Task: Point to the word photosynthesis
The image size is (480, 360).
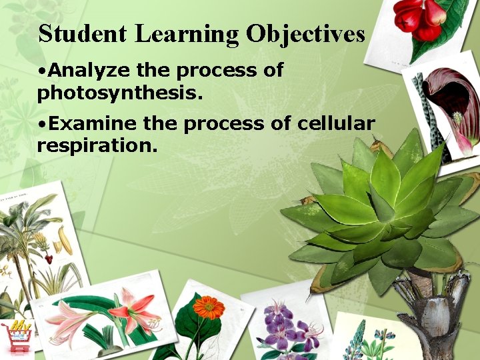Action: (120, 93)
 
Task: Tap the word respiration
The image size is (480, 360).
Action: (97, 145)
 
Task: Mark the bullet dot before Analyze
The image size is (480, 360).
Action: (41, 71)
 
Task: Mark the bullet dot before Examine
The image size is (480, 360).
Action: (41, 124)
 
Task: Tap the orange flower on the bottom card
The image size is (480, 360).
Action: (209, 307)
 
